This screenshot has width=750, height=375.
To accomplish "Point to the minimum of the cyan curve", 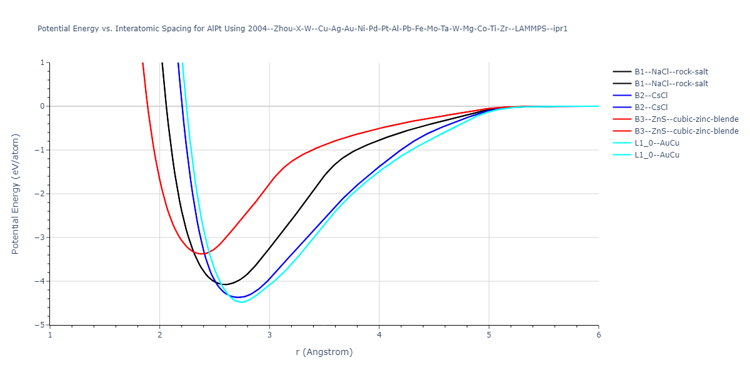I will coord(242,302).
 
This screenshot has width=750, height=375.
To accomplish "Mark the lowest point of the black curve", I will coord(226,284).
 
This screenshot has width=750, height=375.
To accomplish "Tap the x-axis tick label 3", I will coord(269,335).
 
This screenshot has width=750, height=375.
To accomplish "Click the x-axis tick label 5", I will coord(489,335).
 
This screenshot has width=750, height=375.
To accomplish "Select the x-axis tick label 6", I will coord(599,335).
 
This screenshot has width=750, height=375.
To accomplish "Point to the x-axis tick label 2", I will coord(160,335).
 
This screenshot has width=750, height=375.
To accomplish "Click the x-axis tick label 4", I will coord(379,335).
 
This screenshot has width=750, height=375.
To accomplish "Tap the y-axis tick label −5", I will coord(41,325).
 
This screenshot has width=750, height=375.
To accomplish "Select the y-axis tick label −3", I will coord(41,237).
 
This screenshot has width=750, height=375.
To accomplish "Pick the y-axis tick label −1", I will coord(41,150).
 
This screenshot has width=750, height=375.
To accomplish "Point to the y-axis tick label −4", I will coord(41,281).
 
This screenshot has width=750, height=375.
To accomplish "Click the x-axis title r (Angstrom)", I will coord(324,352).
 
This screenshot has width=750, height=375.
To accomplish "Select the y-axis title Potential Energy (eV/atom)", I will coord(16,194).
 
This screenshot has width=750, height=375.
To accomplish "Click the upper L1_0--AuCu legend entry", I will coord(657,143).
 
